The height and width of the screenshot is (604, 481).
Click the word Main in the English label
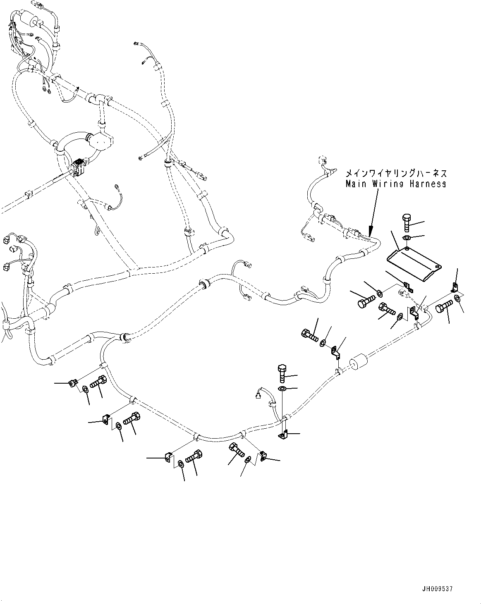click(356, 184)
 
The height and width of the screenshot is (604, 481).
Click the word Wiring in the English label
click(387, 184)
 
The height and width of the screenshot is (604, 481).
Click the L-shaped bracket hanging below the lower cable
click(282, 435)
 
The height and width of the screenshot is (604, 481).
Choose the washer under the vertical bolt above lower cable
click(282, 389)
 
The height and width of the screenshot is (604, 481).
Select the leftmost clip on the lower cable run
click(72, 384)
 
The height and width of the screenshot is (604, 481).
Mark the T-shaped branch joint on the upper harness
click(98, 100)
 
